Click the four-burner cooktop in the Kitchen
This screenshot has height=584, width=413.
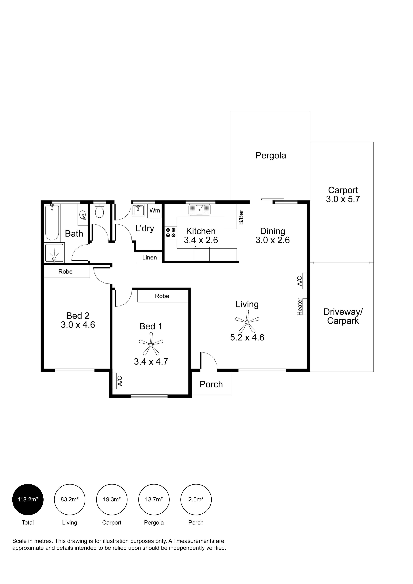[170, 233]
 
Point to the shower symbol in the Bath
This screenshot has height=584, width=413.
[54, 253]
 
